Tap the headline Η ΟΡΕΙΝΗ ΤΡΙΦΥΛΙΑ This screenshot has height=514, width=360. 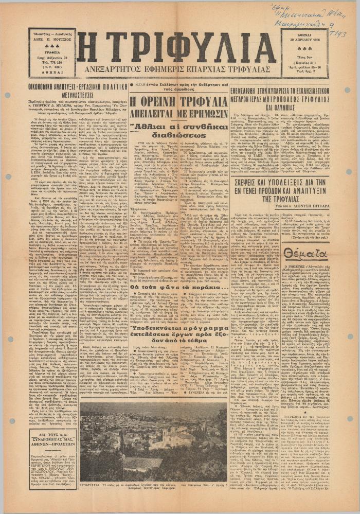[x=175, y=102]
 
